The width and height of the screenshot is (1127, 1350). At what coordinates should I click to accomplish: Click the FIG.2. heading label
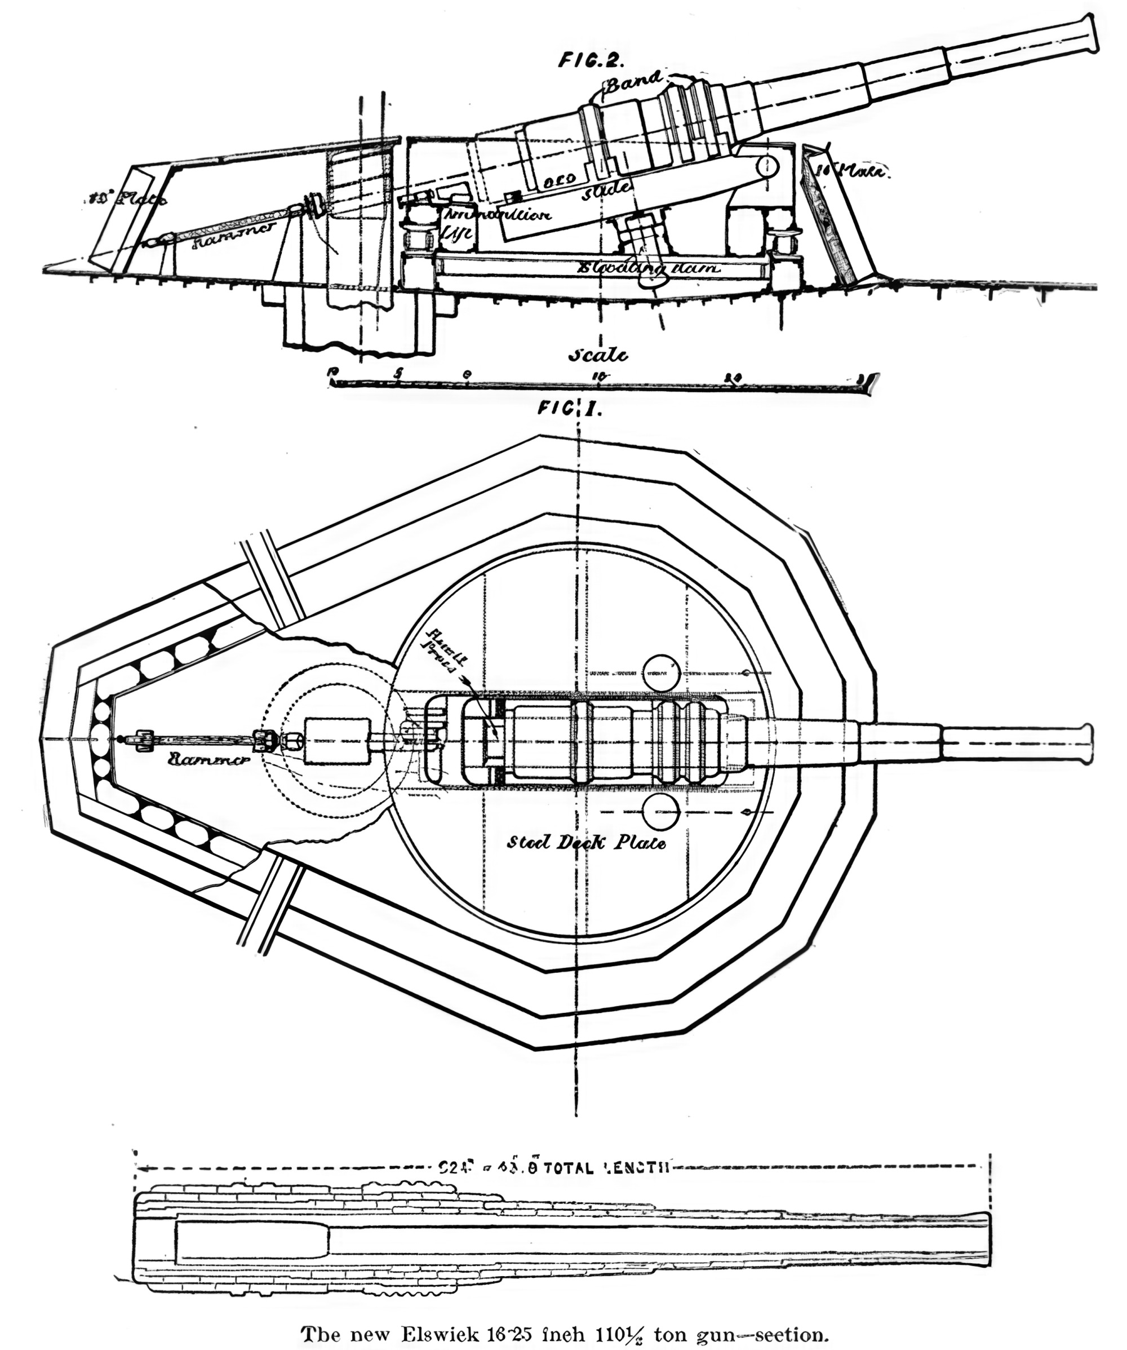point(591,60)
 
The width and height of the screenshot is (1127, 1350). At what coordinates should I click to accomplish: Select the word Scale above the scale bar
point(597,355)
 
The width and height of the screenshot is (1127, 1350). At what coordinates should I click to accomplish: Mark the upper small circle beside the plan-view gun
point(661,673)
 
